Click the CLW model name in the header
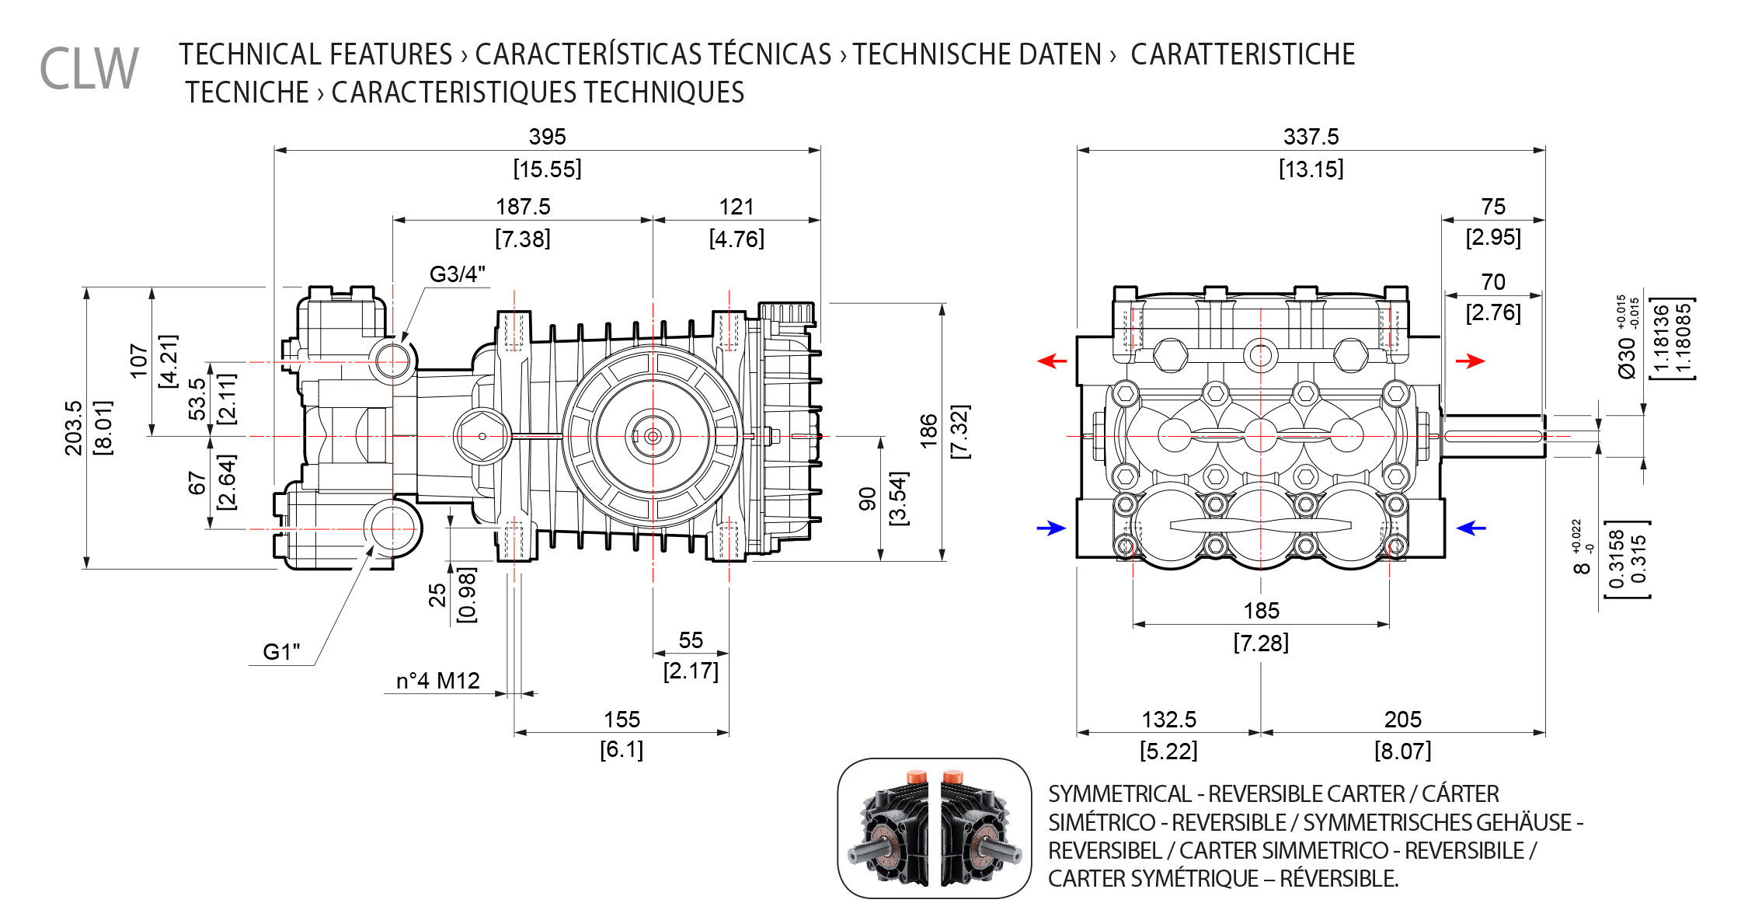89,68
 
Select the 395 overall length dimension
547,137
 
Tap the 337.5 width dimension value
1311,137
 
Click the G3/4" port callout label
457,274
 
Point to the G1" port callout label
281,651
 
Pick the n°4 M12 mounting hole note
438,681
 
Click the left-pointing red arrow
1053,361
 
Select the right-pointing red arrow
1470,361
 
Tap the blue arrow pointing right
1052,528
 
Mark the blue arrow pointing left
1471,528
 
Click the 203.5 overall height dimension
73,428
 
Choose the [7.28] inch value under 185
1261,643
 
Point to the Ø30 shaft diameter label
1627,357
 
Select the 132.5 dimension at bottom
1168,720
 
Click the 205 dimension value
1402,720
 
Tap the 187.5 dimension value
523,207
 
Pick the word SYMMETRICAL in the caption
1119,794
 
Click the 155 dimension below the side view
622,720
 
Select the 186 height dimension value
929,431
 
